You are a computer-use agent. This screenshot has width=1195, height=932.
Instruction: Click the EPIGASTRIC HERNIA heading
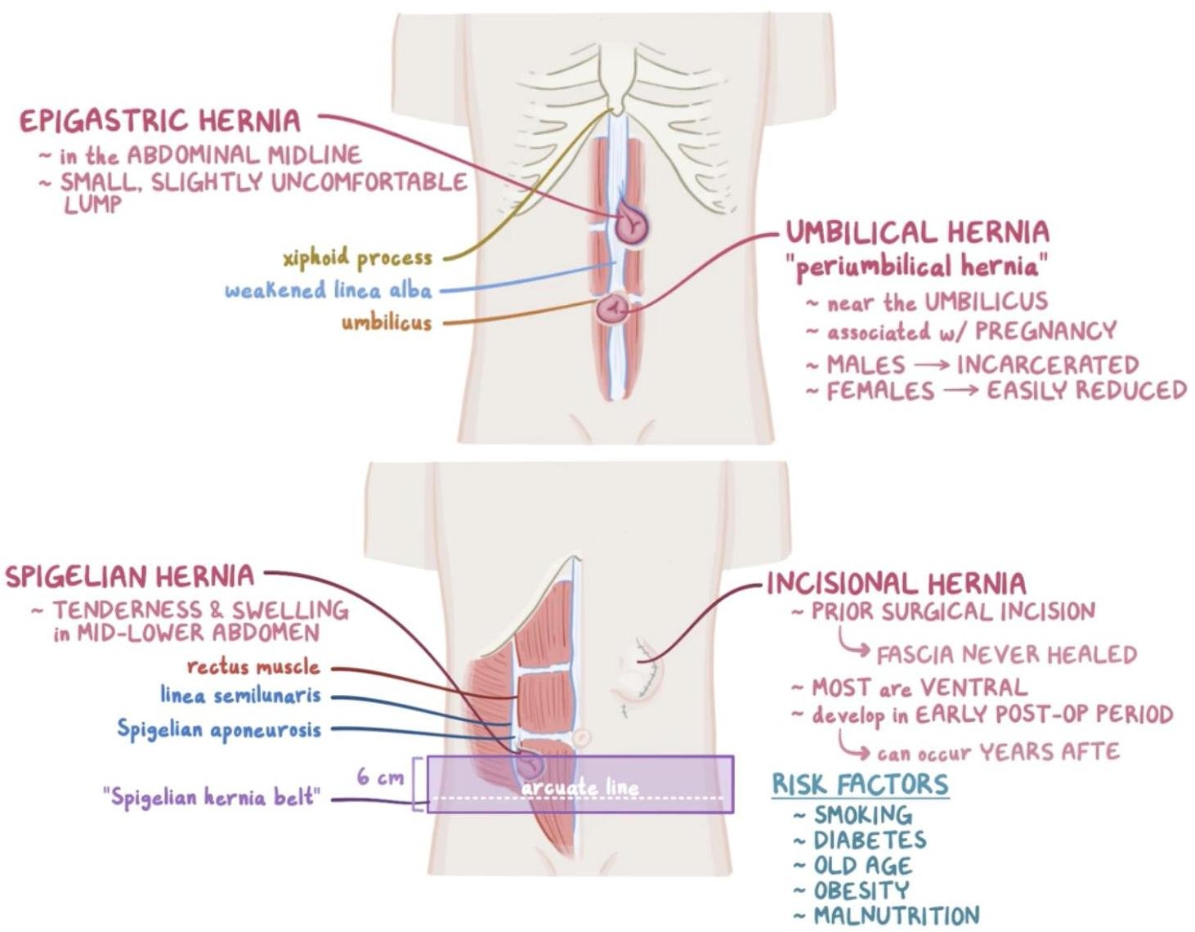pyautogui.click(x=160, y=121)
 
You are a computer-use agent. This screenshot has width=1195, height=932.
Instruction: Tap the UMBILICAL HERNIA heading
pyautogui.click(x=917, y=232)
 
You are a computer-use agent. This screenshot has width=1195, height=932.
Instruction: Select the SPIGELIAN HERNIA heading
pyautogui.click(x=130, y=576)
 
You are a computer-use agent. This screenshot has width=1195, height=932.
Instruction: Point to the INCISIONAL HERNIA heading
pyautogui.click(x=896, y=584)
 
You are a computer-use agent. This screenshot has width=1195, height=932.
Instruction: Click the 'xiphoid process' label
pyautogui.click(x=357, y=258)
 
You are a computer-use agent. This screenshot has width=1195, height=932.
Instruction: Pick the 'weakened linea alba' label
pyautogui.click(x=328, y=291)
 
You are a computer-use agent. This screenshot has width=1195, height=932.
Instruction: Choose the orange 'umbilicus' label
pyautogui.click(x=386, y=322)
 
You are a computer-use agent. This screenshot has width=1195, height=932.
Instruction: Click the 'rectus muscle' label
pyautogui.click(x=253, y=667)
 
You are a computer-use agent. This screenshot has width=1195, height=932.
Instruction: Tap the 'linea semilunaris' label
pyautogui.click(x=240, y=696)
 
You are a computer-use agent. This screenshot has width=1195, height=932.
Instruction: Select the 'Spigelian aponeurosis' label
pyautogui.click(x=219, y=729)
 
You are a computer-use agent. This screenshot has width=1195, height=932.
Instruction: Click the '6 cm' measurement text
pyautogui.click(x=380, y=777)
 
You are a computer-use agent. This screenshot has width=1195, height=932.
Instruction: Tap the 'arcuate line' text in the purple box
pyautogui.click(x=580, y=788)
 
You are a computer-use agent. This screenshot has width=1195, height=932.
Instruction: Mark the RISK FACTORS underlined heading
pyautogui.click(x=860, y=784)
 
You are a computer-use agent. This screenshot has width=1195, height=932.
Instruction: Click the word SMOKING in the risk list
pyautogui.click(x=863, y=815)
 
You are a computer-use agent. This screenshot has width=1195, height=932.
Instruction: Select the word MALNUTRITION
pyautogui.click(x=896, y=916)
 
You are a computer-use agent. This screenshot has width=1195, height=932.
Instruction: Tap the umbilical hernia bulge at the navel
pyautogui.click(x=613, y=310)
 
